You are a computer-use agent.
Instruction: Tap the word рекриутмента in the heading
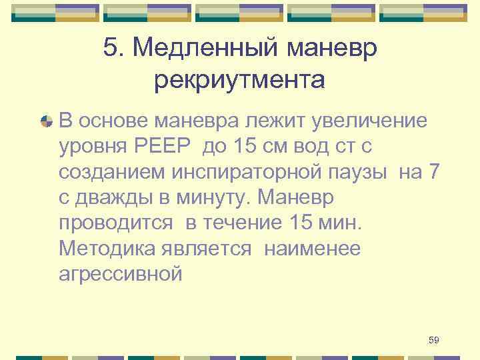pyautogui.click(x=239, y=81)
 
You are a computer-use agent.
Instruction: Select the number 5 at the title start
pyautogui.click(x=111, y=48)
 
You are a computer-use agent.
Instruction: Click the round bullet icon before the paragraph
pyautogui.click(x=47, y=122)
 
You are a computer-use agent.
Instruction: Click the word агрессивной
pyautogui.click(x=121, y=274)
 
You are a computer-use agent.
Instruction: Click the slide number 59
pyautogui.click(x=433, y=341)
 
